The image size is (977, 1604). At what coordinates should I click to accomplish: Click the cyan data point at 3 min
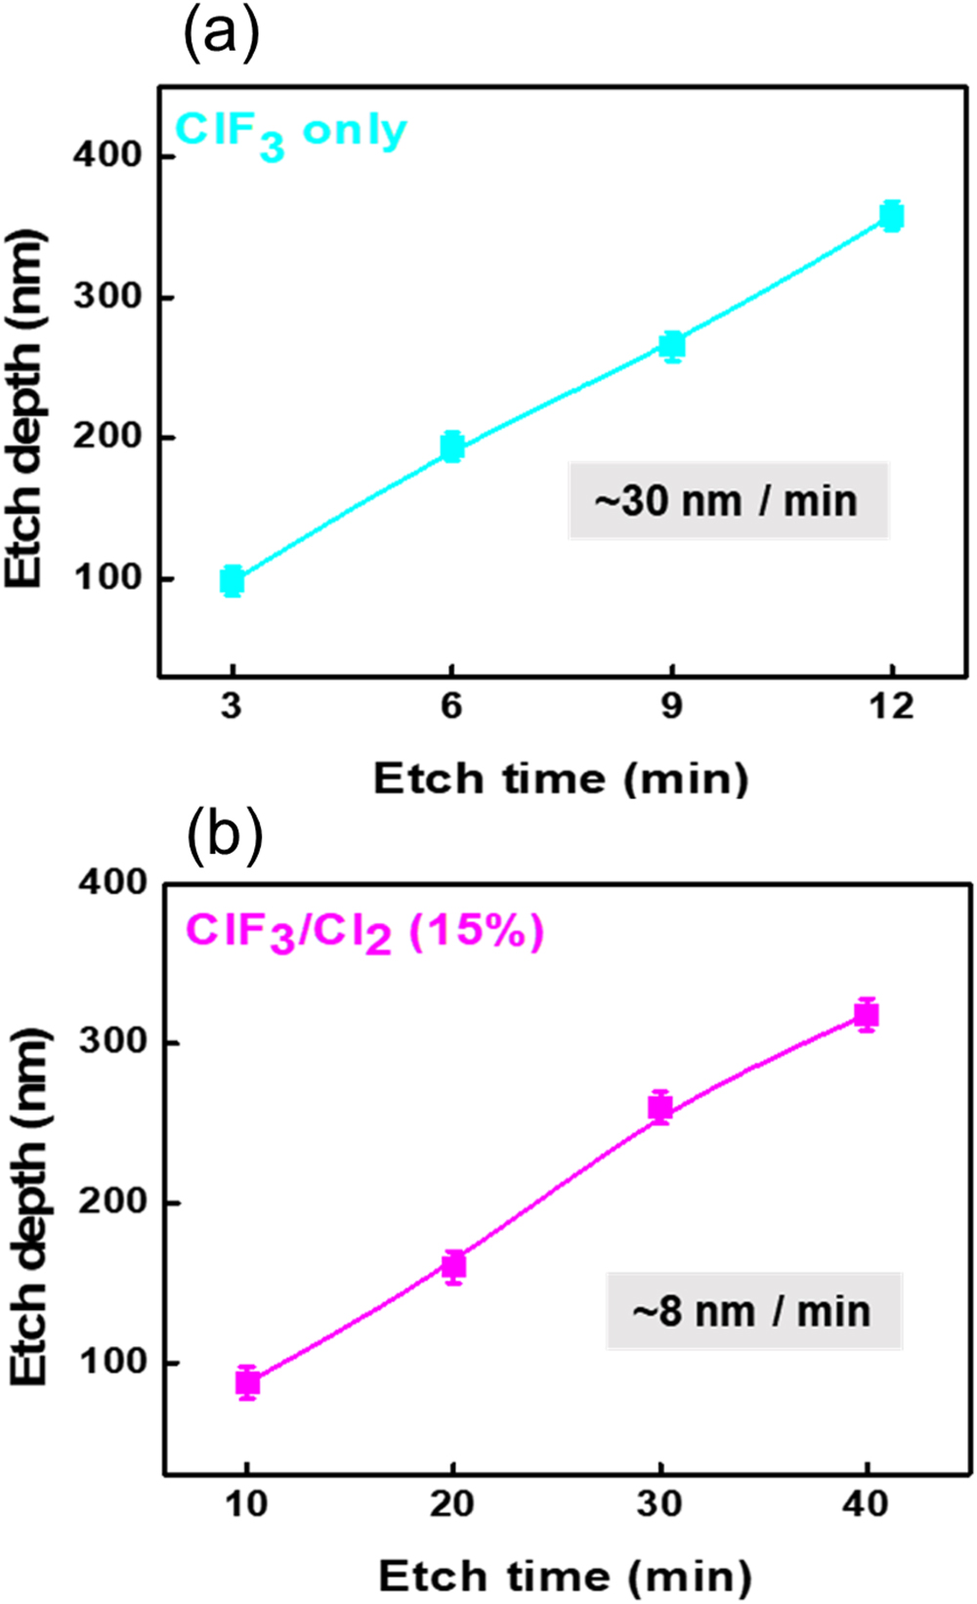232,581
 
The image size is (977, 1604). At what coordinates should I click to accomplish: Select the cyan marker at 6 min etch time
451,446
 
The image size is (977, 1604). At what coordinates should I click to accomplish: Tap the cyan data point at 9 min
672,346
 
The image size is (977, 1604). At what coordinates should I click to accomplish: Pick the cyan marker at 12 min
891,216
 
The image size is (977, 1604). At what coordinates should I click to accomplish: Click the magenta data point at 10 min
247,1382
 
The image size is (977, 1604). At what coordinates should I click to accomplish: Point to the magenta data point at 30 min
660,1108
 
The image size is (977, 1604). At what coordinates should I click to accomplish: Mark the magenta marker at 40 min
867,1016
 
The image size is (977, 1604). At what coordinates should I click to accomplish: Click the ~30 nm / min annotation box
728,501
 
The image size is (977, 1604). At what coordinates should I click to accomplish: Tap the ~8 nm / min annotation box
752,1311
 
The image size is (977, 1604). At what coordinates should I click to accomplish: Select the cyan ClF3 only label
290,133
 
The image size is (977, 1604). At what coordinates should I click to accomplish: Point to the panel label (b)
224,835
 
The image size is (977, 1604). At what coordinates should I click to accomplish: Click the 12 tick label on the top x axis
891,705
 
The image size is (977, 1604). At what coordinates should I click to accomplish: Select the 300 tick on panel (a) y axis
107,297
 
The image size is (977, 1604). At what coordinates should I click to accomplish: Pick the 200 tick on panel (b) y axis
112,1203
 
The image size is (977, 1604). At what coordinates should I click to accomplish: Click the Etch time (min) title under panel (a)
561,780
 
